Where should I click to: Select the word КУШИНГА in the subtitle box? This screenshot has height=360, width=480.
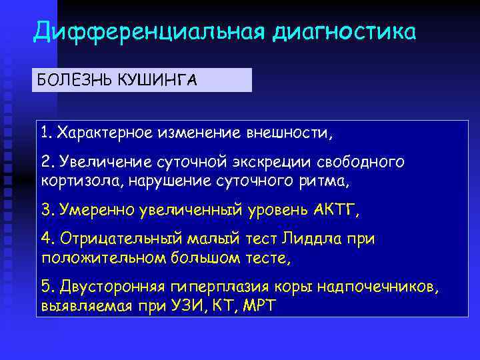157,81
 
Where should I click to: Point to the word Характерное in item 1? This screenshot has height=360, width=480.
105,133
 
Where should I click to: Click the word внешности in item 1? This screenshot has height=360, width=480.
287,133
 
